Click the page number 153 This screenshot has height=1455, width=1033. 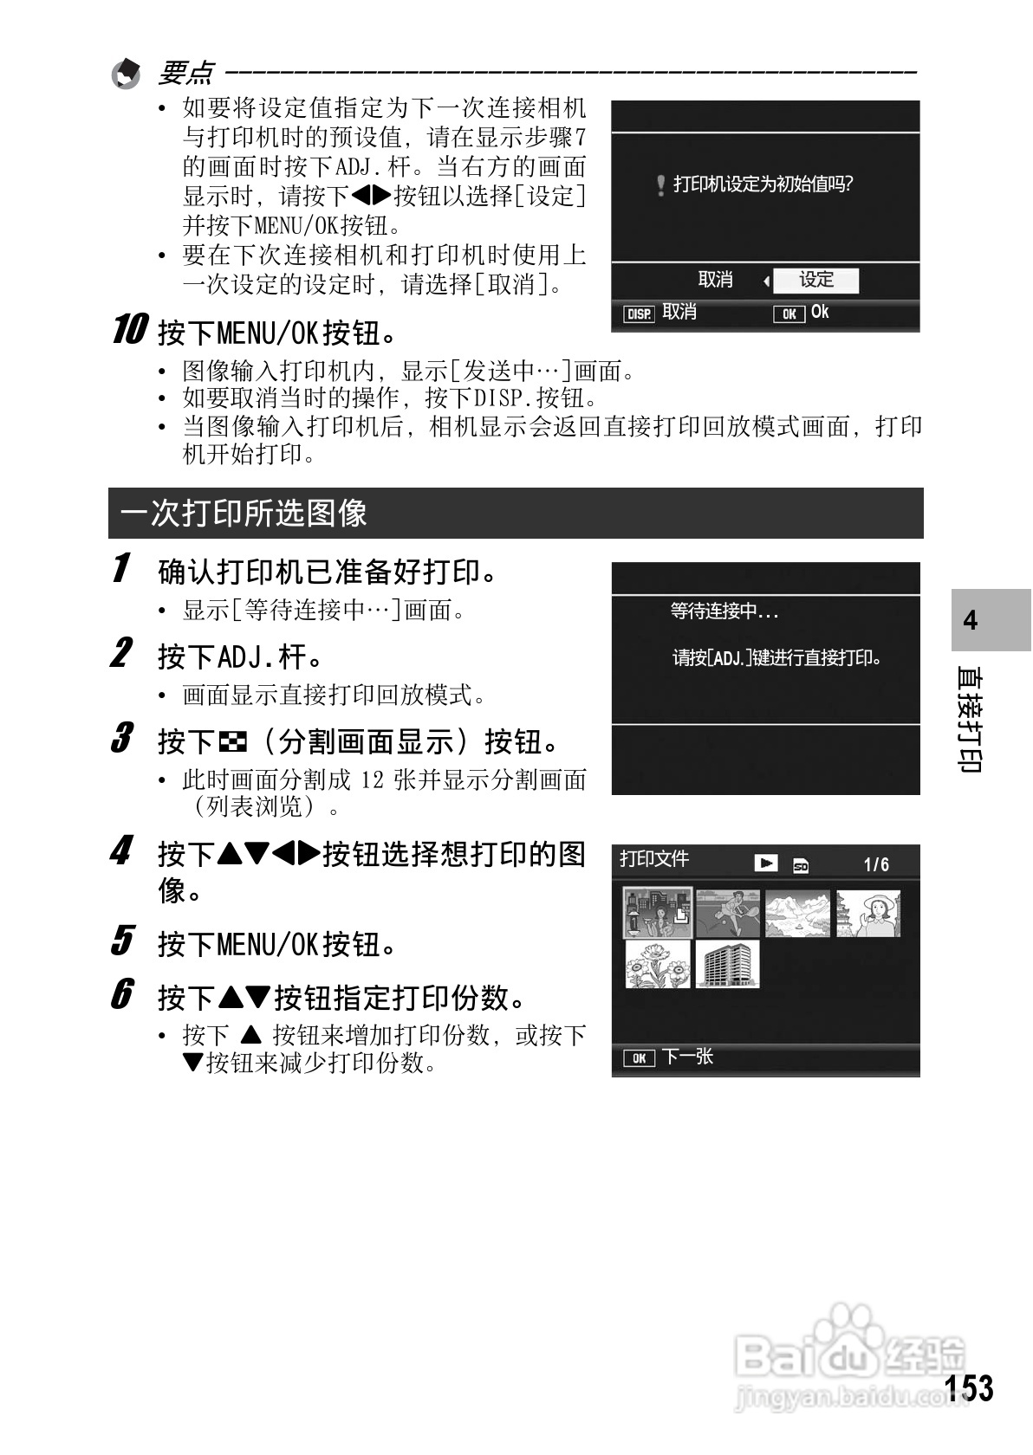click(x=969, y=1387)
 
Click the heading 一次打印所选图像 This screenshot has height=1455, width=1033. click(x=244, y=513)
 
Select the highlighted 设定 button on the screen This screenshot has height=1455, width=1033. click(x=815, y=280)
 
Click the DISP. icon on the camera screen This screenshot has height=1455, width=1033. click(x=640, y=314)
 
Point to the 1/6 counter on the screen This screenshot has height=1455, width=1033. click(x=876, y=864)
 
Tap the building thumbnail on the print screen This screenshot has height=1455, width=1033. click(x=727, y=964)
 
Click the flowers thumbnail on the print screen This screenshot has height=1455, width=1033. click(x=658, y=964)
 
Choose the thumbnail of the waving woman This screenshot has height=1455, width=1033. click(x=868, y=914)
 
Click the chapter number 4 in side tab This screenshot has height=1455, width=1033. click(x=971, y=620)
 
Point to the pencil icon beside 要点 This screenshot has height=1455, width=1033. click(x=127, y=74)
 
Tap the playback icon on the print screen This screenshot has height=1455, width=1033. click(x=765, y=863)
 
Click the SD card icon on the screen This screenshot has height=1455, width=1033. click(x=801, y=865)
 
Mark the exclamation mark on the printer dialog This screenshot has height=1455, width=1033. click(x=661, y=184)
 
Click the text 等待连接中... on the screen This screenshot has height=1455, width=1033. click(x=724, y=611)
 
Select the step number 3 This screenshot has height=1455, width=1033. click(x=122, y=739)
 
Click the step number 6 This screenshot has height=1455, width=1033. click(x=122, y=994)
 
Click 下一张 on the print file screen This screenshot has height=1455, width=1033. click(x=687, y=1057)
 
